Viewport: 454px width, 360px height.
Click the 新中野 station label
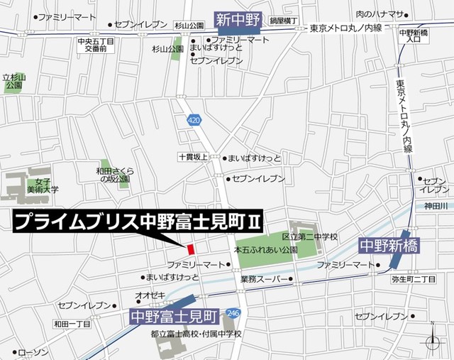[x=238, y=19]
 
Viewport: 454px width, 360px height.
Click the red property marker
[x=190, y=249]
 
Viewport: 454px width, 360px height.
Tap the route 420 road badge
[x=194, y=121]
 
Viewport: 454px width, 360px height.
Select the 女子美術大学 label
[x=43, y=185]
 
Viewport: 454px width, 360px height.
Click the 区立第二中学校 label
[x=310, y=236]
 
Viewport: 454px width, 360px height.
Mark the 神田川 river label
[x=433, y=207]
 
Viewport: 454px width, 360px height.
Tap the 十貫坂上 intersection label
[x=193, y=157]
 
